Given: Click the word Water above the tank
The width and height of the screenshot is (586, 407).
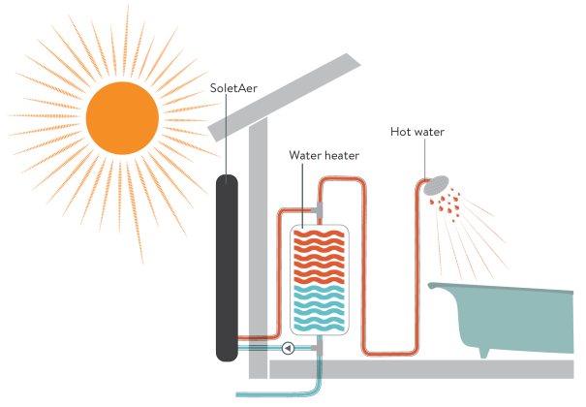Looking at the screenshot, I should click(x=307, y=155).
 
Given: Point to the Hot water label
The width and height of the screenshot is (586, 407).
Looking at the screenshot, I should click(x=417, y=132).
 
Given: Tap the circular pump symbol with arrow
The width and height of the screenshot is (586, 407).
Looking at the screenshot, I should click(x=288, y=347).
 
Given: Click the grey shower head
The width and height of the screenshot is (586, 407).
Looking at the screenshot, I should click(x=439, y=183).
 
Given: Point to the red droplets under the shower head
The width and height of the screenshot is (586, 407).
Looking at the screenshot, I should click(x=450, y=204).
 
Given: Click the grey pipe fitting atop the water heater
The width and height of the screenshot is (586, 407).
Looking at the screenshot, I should click(x=321, y=211).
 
